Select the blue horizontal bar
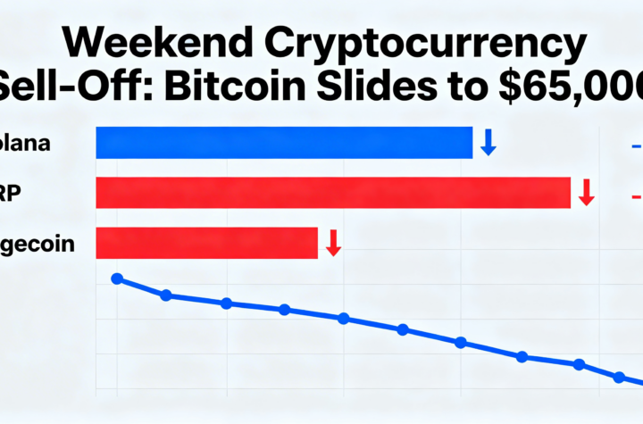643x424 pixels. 284,143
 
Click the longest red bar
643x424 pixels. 332,192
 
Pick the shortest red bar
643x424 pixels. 206,243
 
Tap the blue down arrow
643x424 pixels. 488,142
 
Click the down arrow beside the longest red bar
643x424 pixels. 586,192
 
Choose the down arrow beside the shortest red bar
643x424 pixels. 333,243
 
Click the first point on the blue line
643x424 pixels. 116,279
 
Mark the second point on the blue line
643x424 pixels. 166,295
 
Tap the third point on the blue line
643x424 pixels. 227,303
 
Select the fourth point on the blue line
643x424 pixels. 284,310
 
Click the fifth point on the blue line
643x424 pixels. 343,319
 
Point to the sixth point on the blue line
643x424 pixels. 402,329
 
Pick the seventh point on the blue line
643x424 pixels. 461,343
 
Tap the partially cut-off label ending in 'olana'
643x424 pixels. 27,143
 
